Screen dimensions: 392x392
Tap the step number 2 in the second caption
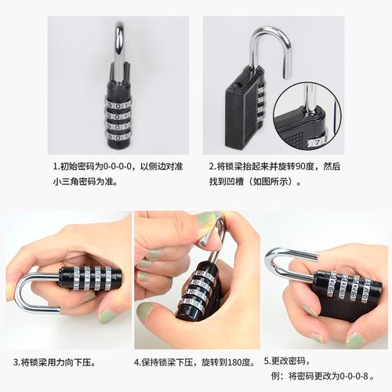tap(212, 166)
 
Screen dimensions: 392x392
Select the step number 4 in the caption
tap(137, 362)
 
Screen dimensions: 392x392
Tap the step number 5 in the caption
tap(266, 361)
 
